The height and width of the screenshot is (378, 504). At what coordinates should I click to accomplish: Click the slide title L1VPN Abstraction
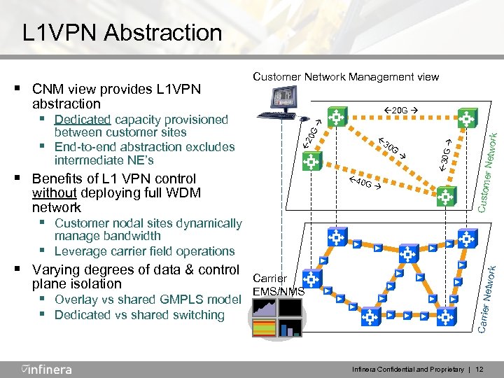(122, 32)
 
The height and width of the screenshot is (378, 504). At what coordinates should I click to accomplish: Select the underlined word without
(56, 193)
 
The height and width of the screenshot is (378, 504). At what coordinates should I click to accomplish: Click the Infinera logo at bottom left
(46, 368)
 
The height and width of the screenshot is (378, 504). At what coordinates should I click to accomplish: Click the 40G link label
(364, 184)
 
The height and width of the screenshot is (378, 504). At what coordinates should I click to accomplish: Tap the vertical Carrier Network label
(491, 293)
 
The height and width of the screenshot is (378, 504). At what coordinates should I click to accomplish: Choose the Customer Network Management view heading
(346, 76)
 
